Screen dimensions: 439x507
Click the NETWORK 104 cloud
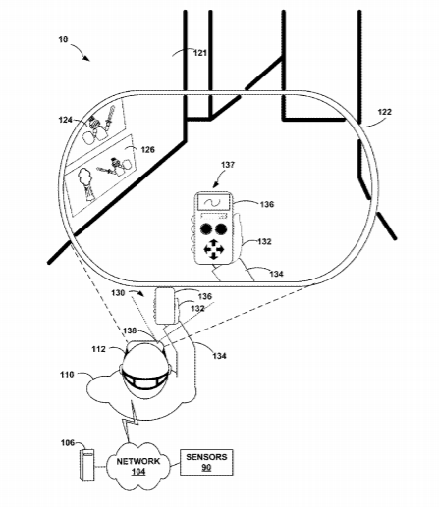click(x=138, y=466)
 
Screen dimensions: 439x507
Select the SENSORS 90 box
click(x=206, y=462)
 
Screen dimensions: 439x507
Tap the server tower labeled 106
click(x=87, y=465)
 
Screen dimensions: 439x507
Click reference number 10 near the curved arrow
click(x=63, y=39)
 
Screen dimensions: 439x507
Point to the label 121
click(x=200, y=53)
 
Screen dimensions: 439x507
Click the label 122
click(x=384, y=112)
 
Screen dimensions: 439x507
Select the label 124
click(x=65, y=120)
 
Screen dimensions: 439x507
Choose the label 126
click(x=147, y=150)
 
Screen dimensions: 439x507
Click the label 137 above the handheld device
click(x=228, y=165)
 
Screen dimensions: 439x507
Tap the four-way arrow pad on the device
click(x=214, y=249)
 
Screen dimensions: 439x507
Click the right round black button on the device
click(x=221, y=229)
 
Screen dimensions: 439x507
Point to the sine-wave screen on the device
click(x=213, y=203)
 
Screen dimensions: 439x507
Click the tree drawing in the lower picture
click(x=86, y=184)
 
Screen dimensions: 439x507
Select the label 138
click(x=130, y=330)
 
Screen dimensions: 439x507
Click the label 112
click(x=98, y=349)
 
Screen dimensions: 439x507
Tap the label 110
click(x=67, y=374)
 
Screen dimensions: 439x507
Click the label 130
click(x=118, y=293)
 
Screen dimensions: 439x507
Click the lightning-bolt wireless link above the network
click(x=131, y=422)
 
